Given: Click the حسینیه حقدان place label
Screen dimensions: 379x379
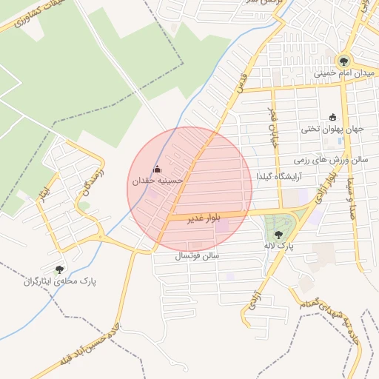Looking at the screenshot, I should (156, 180).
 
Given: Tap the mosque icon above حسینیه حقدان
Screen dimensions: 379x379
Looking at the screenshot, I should (156, 169).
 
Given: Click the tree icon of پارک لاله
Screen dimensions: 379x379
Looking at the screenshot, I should (278, 235).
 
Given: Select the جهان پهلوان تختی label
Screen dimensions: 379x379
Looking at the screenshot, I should (332, 129).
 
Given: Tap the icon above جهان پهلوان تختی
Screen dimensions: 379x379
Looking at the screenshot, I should (332, 117).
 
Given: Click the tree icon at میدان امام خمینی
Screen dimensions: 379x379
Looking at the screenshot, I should (343, 61).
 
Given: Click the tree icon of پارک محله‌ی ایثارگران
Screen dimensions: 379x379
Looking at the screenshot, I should (60, 269).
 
